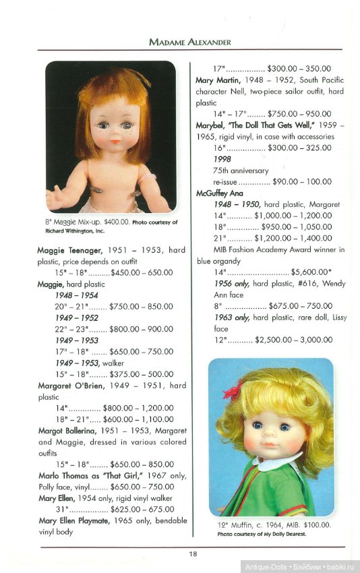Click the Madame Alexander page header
[190, 42]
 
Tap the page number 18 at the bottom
[193, 553]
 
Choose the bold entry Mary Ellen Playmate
[78, 520]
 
